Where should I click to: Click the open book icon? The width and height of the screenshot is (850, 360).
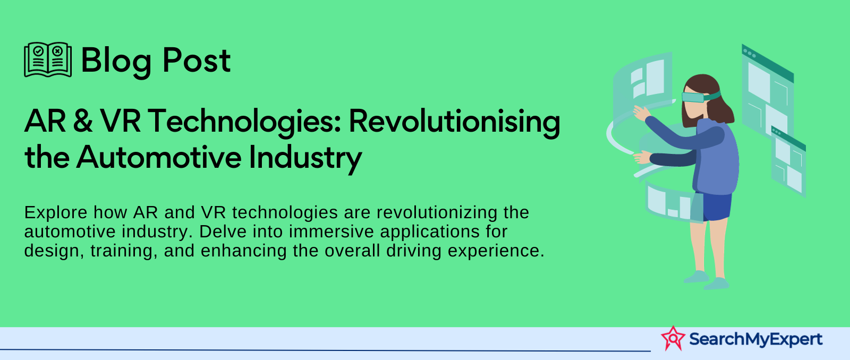tap(48, 59)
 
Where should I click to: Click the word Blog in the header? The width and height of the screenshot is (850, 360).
tap(116, 61)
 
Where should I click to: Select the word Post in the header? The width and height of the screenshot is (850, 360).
tap(197, 60)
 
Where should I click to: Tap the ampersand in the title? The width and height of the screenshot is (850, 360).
tap(82, 121)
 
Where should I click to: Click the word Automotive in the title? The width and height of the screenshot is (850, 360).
tap(159, 157)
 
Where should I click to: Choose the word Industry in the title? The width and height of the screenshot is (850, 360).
tap(305, 159)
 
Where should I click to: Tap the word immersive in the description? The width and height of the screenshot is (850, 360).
tap(331, 232)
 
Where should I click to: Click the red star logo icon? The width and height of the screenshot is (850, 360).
tap(673, 338)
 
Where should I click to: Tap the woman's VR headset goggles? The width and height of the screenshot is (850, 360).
tap(699, 96)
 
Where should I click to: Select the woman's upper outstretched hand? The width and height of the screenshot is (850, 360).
tap(641, 113)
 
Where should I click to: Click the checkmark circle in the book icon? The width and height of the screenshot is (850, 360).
tap(38, 51)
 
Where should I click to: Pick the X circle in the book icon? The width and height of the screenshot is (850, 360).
tap(57, 51)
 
